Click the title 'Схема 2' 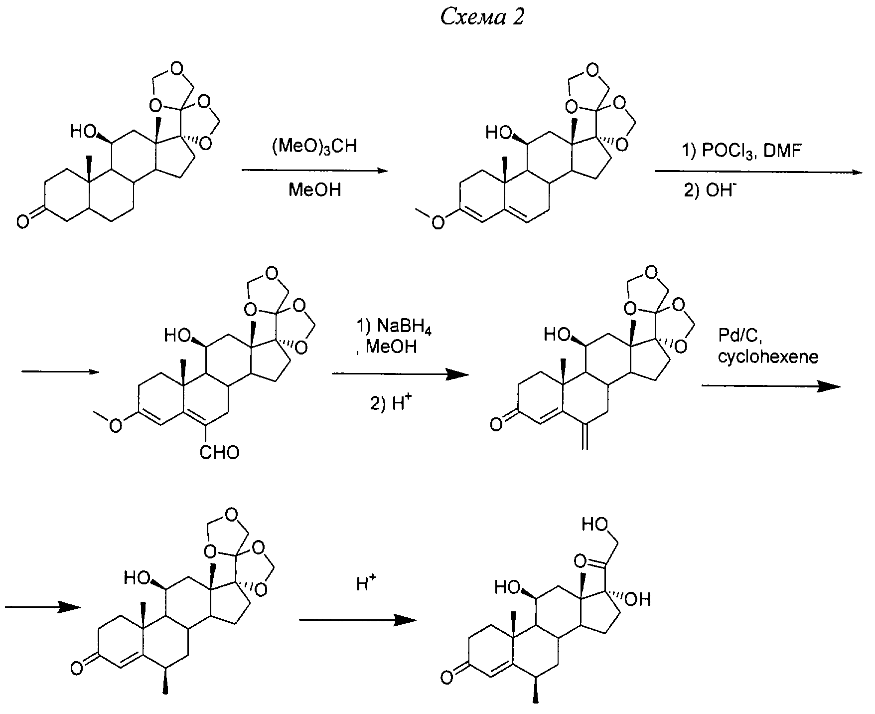(x=482, y=18)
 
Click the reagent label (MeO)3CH (x=314, y=148)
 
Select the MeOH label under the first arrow (x=314, y=190)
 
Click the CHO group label (x=219, y=453)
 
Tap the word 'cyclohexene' (x=768, y=357)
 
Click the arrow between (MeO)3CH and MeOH (x=314, y=171)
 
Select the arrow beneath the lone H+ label (x=357, y=620)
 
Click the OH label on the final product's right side (x=638, y=598)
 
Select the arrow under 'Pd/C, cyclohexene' (x=770, y=386)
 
